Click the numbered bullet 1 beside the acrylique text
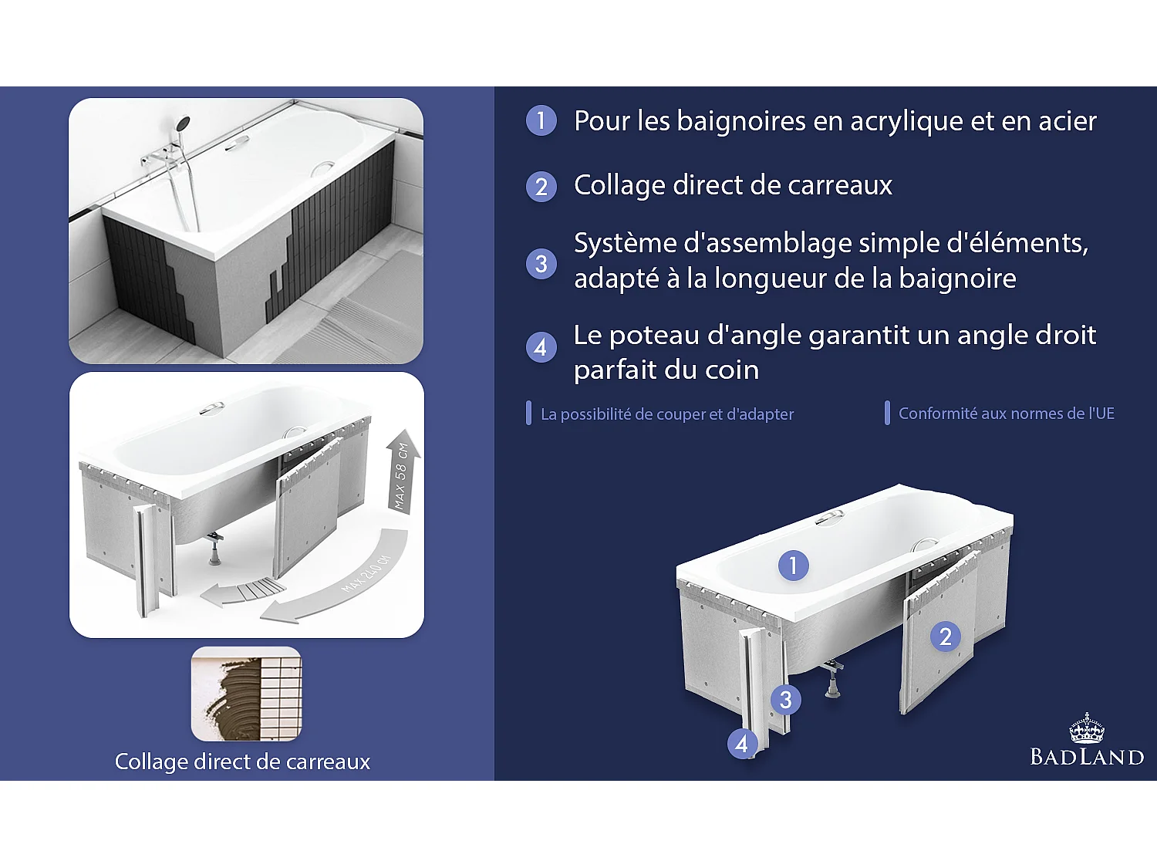coord(541,120)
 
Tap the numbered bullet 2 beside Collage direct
coord(541,187)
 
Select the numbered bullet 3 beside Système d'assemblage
coord(541,264)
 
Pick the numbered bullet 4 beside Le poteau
coord(541,348)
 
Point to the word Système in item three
coord(625,243)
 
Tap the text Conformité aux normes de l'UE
coord(1006,414)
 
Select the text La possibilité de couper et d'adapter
coord(666,414)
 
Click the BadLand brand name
coord(1086,757)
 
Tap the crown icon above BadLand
coord(1086,728)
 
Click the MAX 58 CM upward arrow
coord(403,471)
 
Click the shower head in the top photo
coord(183,123)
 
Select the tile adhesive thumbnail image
coord(246,694)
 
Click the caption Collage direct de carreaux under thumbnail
coord(242,762)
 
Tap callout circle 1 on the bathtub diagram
coord(793,566)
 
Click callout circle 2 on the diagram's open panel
coord(945,637)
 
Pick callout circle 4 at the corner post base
coord(741,744)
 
